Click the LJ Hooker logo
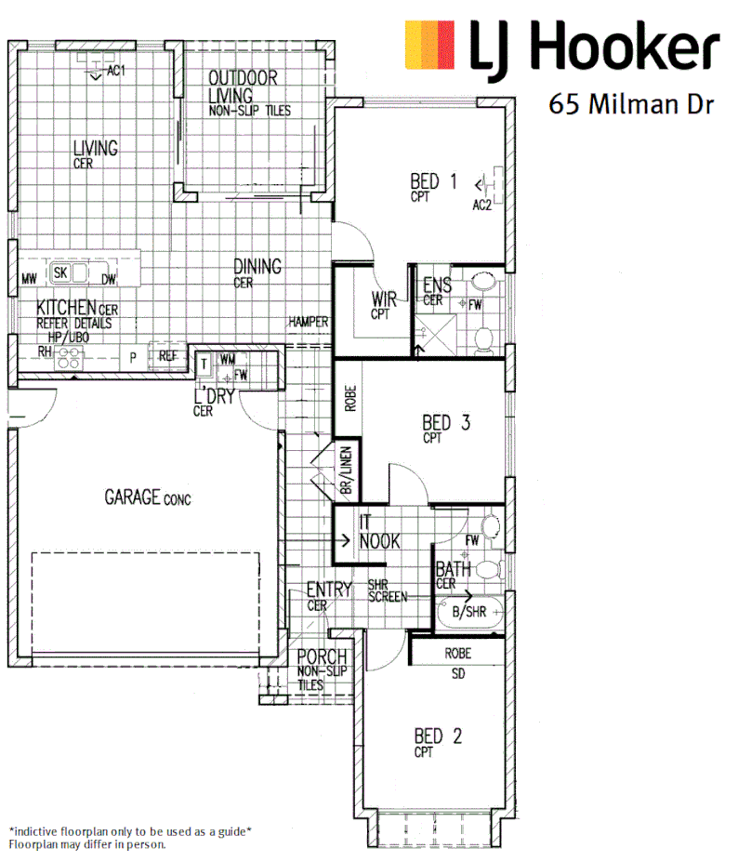[561, 46]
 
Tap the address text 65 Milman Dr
[631, 103]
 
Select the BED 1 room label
[433, 181]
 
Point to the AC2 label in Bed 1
[481, 205]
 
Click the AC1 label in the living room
[115, 70]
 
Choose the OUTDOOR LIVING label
[242, 79]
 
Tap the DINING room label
[257, 267]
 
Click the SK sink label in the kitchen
[60, 272]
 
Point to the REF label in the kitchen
[167, 355]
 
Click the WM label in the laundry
[228, 358]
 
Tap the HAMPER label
[308, 322]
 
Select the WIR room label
[385, 299]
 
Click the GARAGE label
[134, 497]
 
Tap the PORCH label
[322, 656]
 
